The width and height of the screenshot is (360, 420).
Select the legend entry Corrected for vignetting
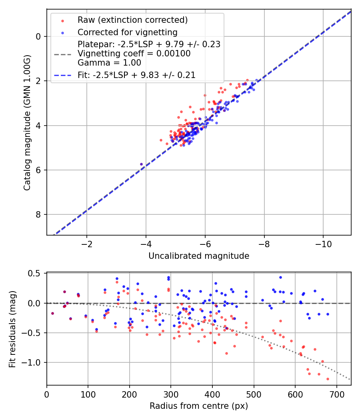coord(127,32)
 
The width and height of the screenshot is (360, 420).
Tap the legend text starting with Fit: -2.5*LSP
coord(136,75)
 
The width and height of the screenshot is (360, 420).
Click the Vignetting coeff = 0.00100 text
coord(134,53)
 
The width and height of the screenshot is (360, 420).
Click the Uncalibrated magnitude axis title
coord(199,256)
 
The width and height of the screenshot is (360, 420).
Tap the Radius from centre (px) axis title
coord(199,406)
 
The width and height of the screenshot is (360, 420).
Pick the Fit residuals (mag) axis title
coord(12,329)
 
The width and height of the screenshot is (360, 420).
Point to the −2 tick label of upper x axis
coord(86,244)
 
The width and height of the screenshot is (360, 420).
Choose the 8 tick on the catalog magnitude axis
coord(38,215)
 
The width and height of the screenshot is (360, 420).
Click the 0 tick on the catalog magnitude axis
coord(38,36)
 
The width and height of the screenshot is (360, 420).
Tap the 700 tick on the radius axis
coord(336,394)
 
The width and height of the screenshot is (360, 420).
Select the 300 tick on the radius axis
coord(171,394)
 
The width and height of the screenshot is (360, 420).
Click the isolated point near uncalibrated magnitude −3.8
coord(141,164)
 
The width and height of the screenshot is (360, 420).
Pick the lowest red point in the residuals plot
coord(328,379)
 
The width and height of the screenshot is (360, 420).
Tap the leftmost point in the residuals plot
coord(52,313)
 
